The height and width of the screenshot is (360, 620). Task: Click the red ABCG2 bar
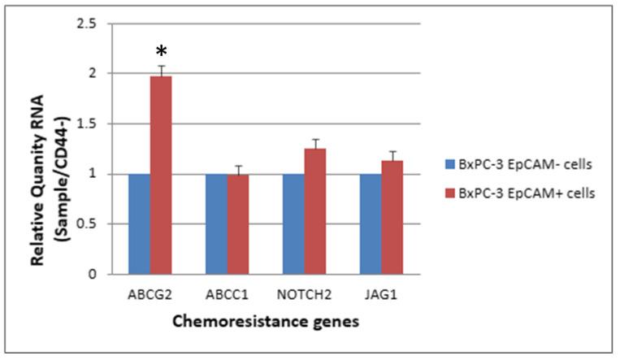(161, 175)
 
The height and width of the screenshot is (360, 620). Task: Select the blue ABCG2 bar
(139, 223)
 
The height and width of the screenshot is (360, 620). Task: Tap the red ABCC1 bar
(237, 224)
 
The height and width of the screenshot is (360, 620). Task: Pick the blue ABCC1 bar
(215, 223)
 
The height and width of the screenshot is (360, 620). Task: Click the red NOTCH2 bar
(314, 211)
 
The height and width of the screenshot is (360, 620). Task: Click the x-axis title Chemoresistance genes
(264, 322)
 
